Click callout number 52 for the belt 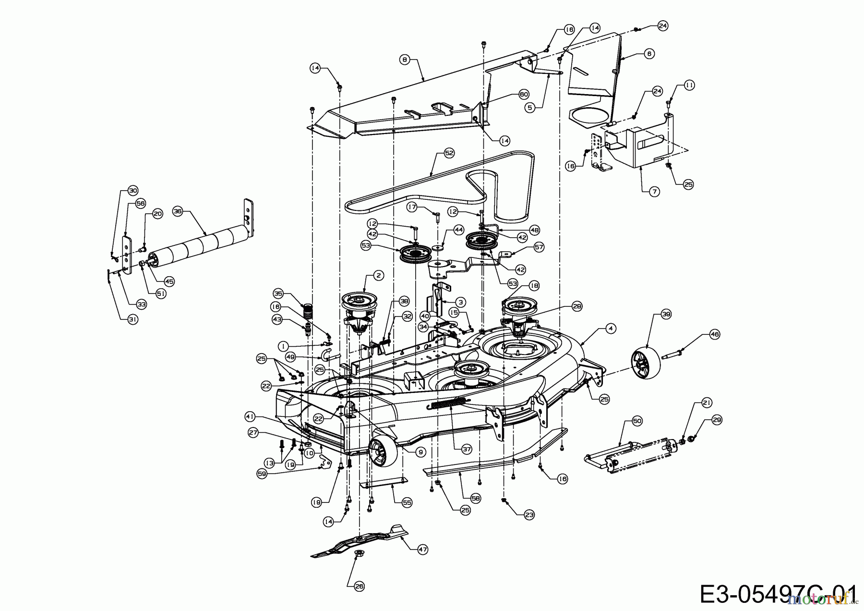tap(449, 153)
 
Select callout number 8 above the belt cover tap(405, 60)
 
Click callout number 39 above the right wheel tap(666, 314)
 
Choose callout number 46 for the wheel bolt tap(715, 334)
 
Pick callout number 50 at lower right tap(637, 421)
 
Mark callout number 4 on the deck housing tap(610, 329)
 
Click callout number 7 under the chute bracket tap(655, 192)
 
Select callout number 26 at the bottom tap(360, 586)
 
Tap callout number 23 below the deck tap(529, 514)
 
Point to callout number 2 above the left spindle tap(379, 276)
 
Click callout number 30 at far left tap(133, 190)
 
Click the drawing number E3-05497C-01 tap(778, 594)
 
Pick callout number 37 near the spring tap(467, 449)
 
